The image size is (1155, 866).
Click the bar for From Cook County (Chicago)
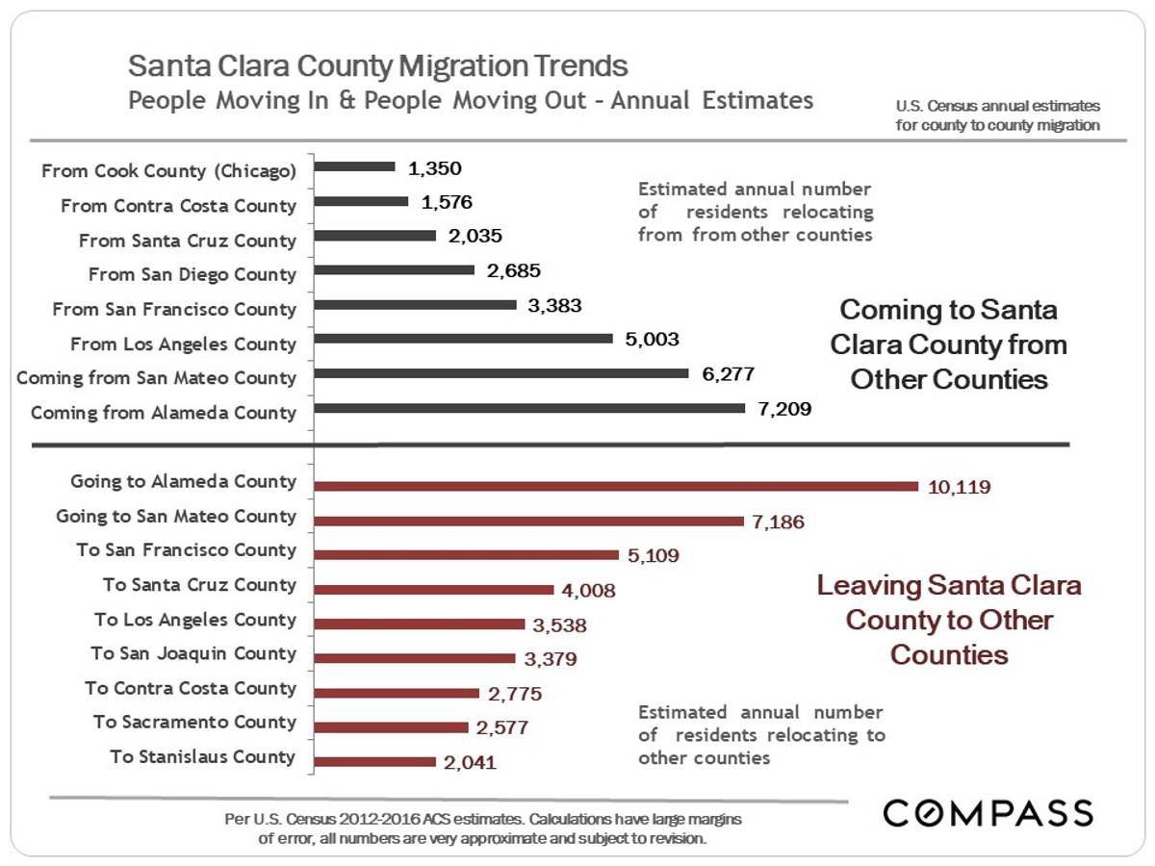pos(355,166)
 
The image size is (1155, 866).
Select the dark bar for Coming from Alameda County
pos(530,409)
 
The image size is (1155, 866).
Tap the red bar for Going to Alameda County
pos(618,486)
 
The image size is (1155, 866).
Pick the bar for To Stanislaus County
pos(376,761)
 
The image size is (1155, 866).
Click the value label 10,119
pos(959,487)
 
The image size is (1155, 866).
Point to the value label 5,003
pos(652,340)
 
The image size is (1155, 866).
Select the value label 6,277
pos(728,374)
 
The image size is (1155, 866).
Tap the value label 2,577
pos(500,727)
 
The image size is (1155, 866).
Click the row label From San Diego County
pos(192,275)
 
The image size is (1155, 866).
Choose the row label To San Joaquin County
pos(193,654)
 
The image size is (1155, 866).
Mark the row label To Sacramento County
pos(194,723)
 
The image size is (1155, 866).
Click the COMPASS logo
pos(988,813)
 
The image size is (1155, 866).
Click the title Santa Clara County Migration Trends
pos(378,67)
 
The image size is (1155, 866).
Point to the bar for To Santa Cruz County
pos(435,589)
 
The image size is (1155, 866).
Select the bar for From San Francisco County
pos(416,305)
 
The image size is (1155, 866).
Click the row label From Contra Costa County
pos(178,206)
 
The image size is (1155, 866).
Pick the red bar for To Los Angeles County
pos(420,624)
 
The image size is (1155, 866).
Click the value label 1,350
pos(434,168)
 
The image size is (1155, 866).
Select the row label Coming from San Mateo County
pos(156,378)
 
